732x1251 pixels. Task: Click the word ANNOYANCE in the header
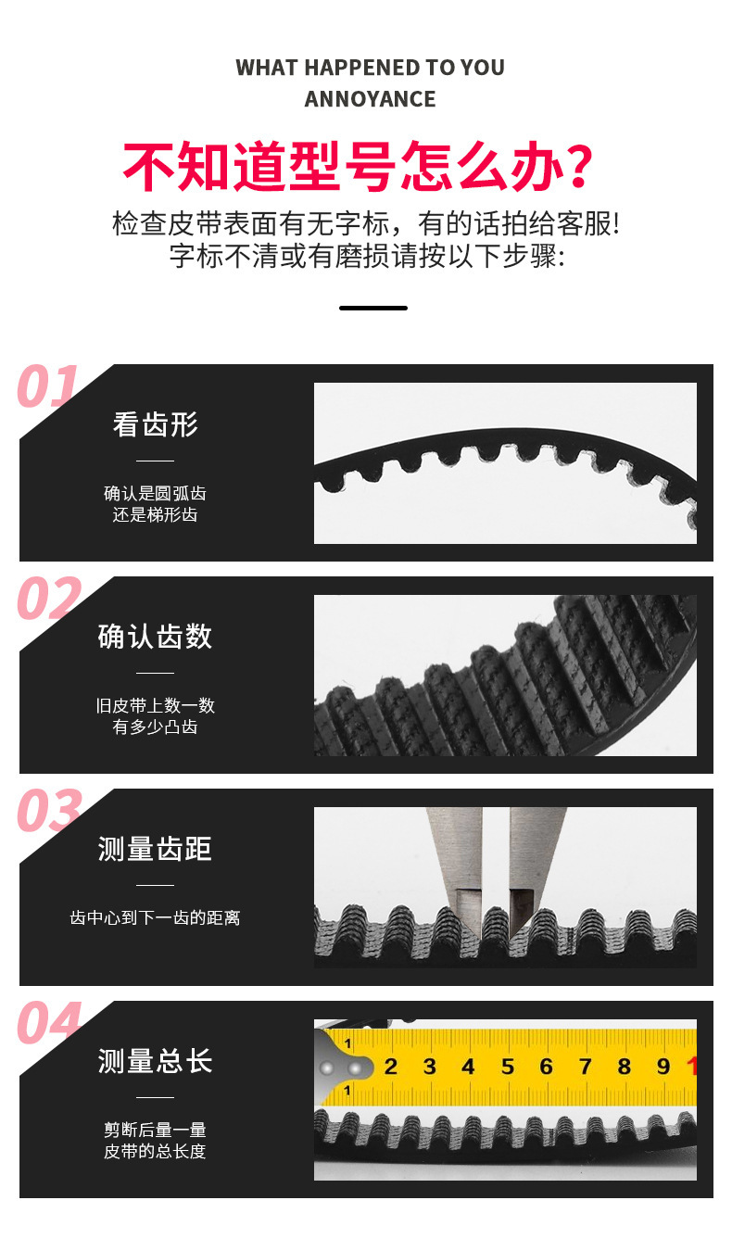[370, 99]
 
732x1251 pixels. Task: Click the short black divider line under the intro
[372, 308]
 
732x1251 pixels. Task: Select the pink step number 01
[48, 386]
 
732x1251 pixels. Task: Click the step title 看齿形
[156, 424]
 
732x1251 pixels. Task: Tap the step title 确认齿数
[156, 637]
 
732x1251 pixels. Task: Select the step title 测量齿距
[156, 849]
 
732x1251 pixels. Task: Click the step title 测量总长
[156, 1061]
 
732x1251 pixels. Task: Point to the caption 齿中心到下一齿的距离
[156, 918]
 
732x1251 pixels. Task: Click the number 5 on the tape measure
[507, 1067]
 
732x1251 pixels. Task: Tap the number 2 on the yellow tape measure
[390, 1067]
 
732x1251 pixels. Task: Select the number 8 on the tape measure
[624, 1067]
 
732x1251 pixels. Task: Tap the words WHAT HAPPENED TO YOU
[370, 68]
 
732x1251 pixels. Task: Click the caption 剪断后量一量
[156, 1130]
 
